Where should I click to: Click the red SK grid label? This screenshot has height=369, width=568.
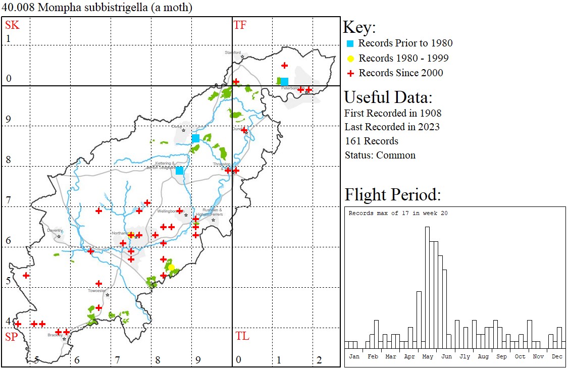coord(12,25)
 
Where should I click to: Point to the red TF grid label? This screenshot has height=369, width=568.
coord(240,25)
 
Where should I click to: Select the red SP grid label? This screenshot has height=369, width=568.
coord(11,337)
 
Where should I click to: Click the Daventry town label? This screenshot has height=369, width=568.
coord(55,230)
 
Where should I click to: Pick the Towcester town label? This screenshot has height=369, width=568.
coord(97,290)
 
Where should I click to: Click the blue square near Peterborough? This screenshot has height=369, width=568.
coord(284,81)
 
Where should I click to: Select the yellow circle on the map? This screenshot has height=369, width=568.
coord(171,267)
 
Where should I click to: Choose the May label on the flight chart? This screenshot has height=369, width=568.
coord(428,356)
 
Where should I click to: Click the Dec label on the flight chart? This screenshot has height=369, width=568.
coord(557,356)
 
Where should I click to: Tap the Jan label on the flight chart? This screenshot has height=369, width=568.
coord(354,356)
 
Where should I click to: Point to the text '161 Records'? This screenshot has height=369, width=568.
coord(371,141)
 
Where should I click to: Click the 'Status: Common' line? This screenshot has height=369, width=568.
coord(380,155)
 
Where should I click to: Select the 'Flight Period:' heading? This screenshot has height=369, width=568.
coord(393,194)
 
